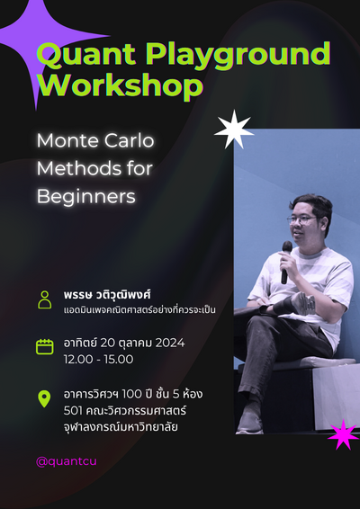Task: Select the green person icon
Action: coord(44,299)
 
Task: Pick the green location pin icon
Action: coord(44,398)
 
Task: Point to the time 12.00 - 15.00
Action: coord(98,359)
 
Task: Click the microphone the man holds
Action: coord(286,256)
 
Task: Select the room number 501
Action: coord(75,410)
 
